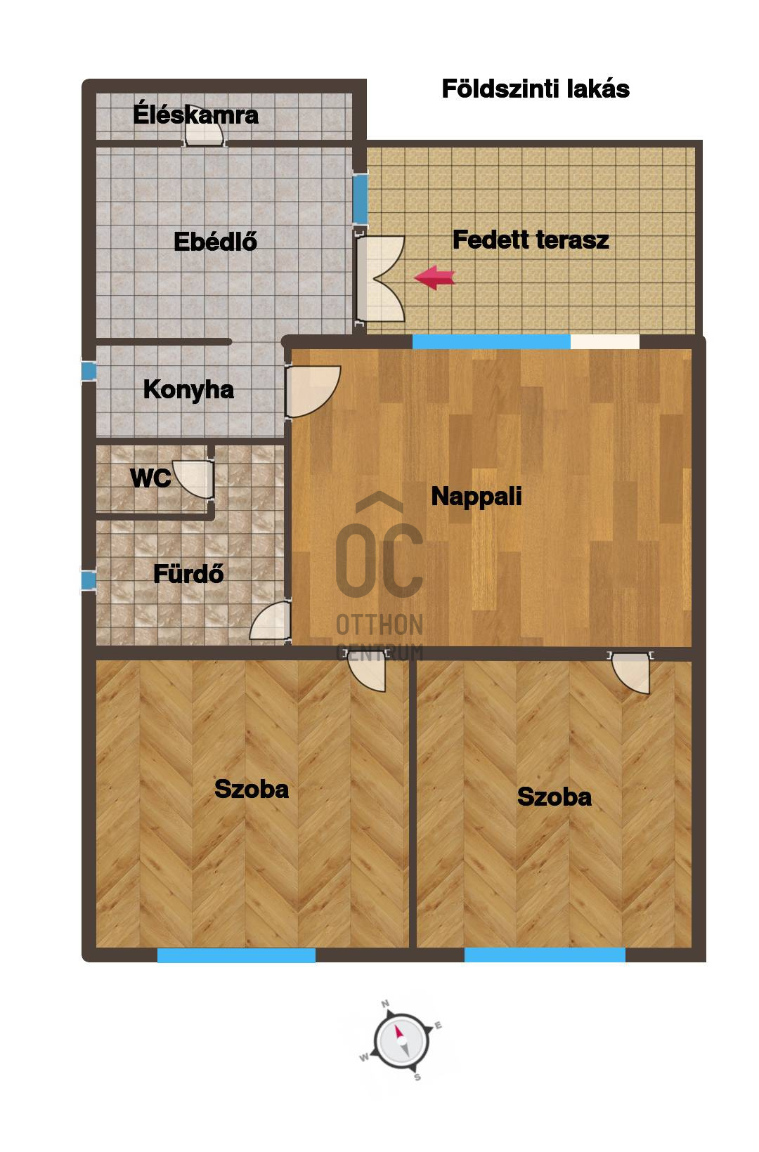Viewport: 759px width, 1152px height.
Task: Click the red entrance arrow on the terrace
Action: pyautogui.click(x=435, y=277)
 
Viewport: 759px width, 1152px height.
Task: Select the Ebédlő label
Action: pyautogui.click(x=215, y=242)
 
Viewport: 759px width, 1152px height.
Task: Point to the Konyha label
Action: pyautogui.click(x=188, y=390)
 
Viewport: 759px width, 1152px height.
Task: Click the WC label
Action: pyautogui.click(x=150, y=478)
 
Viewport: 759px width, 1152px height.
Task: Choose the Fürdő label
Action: pyautogui.click(x=188, y=573)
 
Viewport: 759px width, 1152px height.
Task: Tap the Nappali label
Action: pyautogui.click(x=476, y=497)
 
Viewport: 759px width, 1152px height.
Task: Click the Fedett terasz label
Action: pyautogui.click(x=531, y=240)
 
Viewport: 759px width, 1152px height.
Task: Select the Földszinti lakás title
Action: pyautogui.click(x=536, y=89)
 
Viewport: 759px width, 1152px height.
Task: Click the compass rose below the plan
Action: pyautogui.click(x=401, y=1042)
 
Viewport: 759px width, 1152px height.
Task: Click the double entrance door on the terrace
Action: pyautogui.click(x=381, y=279)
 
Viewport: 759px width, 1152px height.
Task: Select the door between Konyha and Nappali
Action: pyautogui.click(x=313, y=391)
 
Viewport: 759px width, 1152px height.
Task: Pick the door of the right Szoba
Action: pyautogui.click(x=631, y=672)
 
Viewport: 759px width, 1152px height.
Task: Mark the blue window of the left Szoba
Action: pyautogui.click(x=236, y=955)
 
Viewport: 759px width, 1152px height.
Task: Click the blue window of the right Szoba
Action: pyautogui.click(x=545, y=955)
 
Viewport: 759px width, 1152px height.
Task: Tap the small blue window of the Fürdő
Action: pyautogui.click(x=89, y=580)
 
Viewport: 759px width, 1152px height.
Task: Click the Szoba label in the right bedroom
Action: pyautogui.click(x=554, y=797)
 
